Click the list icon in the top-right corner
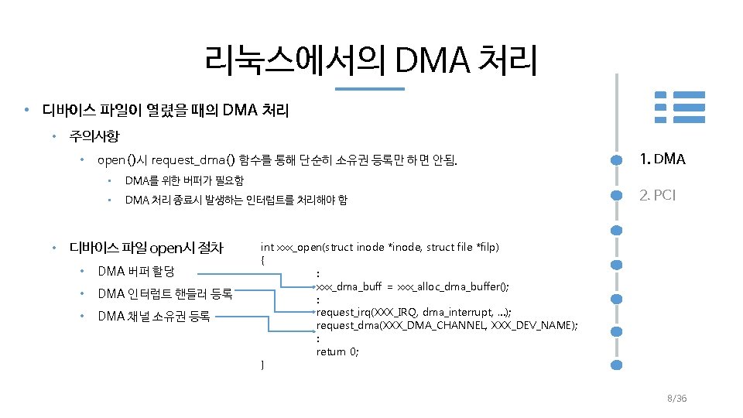click(680, 107)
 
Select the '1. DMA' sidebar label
click(662, 159)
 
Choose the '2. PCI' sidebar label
click(657, 195)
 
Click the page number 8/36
click(676, 398)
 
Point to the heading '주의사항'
click(94, 137)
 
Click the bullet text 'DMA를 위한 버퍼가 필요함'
click(184, 181)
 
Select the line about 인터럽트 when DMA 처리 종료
click(236, 200)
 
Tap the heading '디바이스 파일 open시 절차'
click(146, 248)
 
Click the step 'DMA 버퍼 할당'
click(136, 272)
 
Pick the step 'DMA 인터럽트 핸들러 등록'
click(164, 293)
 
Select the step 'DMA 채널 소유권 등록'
click(153, 316)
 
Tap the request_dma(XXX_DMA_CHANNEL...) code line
click(447, 325)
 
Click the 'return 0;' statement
click(337, 351)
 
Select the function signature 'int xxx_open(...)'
click(379, 247)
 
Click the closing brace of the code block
click(263, 364)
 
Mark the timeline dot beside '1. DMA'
click(617, 159)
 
